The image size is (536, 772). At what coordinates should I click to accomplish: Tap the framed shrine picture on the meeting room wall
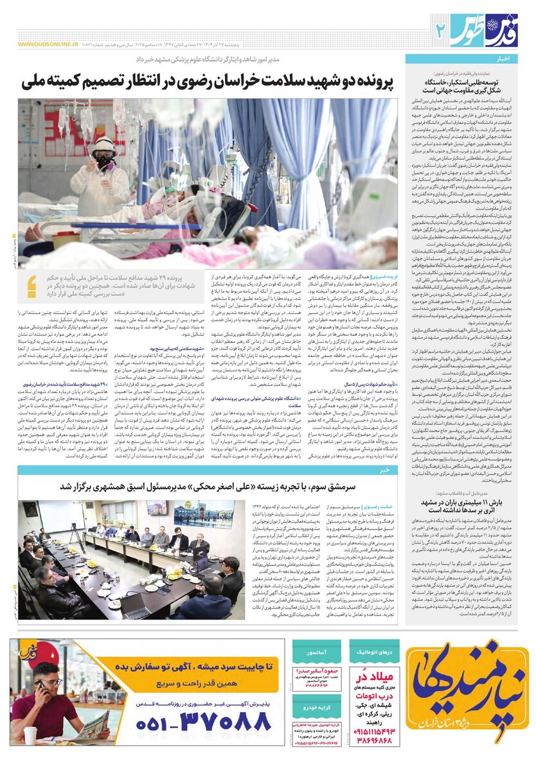(x=157, y=510)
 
